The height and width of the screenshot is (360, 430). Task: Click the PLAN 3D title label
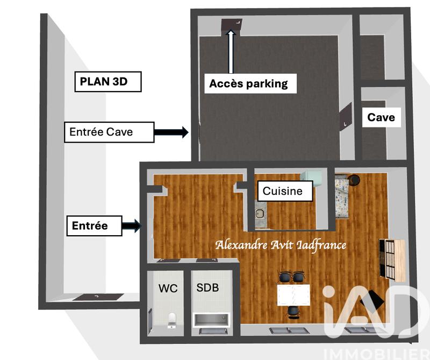107,82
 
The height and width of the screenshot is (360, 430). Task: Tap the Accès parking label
248,83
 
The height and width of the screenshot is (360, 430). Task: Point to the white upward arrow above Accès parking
232,52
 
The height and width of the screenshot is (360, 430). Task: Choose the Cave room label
381,117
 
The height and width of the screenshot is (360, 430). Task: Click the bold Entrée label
90,226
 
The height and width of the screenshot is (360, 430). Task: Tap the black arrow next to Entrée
131,226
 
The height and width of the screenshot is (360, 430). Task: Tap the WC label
168,288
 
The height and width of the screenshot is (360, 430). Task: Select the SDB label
207,288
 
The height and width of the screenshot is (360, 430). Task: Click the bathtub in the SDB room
212,321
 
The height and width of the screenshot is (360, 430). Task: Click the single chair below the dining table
292,312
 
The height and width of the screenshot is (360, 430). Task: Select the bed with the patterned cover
342,197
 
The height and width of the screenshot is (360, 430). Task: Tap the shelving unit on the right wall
392,259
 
